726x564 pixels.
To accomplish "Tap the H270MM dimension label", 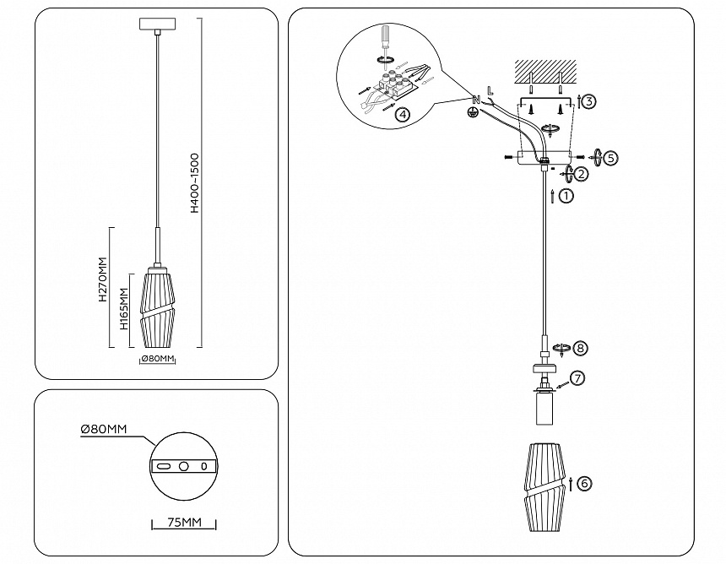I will (101, 281).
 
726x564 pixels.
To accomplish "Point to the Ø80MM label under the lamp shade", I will (157, 359).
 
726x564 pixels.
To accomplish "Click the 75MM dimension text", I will (184, 523).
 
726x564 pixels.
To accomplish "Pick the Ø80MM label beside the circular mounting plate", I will (103, 430).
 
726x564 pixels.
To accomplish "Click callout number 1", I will (566, 196).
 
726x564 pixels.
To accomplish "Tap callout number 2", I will (581, 173).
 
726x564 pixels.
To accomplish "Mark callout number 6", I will (585, 484).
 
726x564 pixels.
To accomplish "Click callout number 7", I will (577, 378).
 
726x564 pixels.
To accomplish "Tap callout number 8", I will (579, 348).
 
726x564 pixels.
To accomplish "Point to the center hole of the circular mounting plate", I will (184, 466).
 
